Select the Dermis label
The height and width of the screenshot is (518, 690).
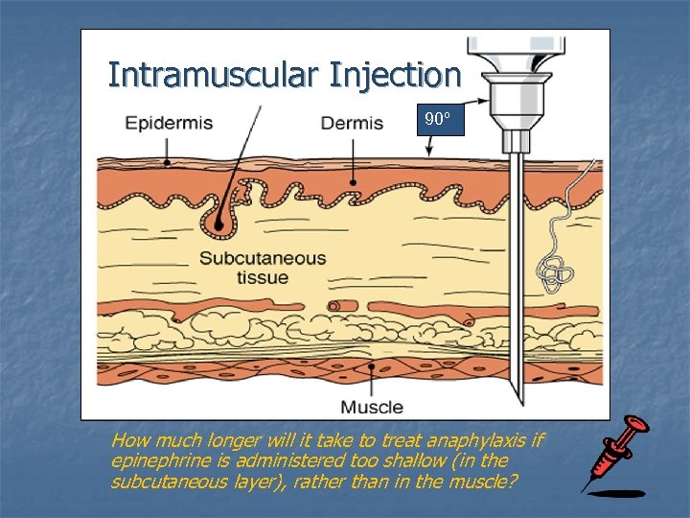coord(352,124)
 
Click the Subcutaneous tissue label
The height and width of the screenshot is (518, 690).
coord(262,268)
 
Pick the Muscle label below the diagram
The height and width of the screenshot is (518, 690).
coord(373,407)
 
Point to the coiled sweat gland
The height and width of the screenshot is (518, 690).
coord(553,272)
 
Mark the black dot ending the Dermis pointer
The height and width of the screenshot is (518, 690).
coord(353,180)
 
